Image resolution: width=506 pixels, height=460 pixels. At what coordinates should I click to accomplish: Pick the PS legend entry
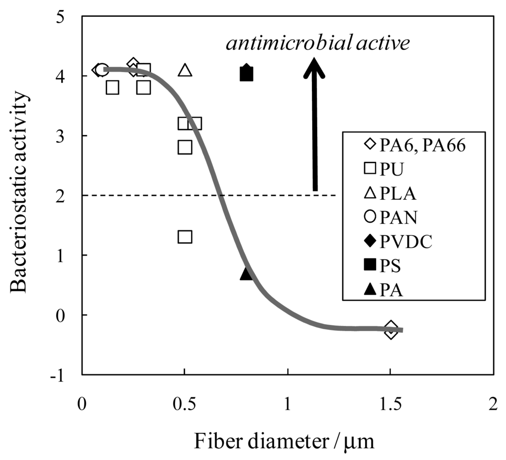pos(380,265)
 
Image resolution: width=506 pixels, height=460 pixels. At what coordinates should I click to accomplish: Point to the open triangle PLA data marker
pos(185,70)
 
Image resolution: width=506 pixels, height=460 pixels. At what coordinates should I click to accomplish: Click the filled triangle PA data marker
pos(247,273)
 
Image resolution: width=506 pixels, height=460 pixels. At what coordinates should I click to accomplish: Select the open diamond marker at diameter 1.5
pos(391,329)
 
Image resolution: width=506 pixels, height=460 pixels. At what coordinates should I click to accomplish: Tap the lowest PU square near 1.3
pos(185,236)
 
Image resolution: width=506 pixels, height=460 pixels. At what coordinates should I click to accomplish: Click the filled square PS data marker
pos(247,75)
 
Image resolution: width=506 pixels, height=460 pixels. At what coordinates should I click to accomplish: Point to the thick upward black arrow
pos(314,124)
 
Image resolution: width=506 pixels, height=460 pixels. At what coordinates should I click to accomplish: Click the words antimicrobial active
pos(318,44)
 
